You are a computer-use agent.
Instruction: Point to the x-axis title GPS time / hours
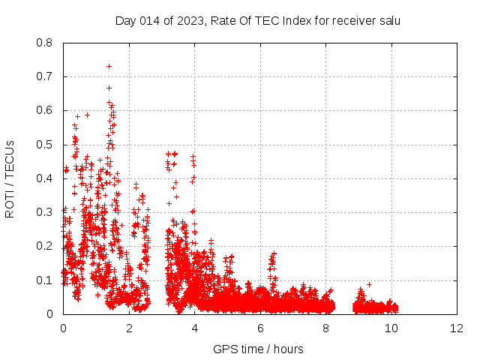(x=259, y=349)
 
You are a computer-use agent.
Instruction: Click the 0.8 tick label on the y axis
(x=46, y=43)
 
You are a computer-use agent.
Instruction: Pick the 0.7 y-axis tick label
(x=46, y=76)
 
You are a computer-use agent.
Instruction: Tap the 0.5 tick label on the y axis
(x=46, y=145)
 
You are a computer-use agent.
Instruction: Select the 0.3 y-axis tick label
(x=46, y=212)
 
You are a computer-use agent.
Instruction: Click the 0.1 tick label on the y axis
(x=46, y=280)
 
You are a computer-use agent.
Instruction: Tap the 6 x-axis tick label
(x=260, y=328)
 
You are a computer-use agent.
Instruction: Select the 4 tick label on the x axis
(x=195, y=328)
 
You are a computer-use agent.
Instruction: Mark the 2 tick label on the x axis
(x=129, y=328)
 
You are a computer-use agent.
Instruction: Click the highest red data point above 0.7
(x=109, y=66)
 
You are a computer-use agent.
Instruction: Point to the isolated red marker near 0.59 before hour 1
(x=87, y=115)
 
